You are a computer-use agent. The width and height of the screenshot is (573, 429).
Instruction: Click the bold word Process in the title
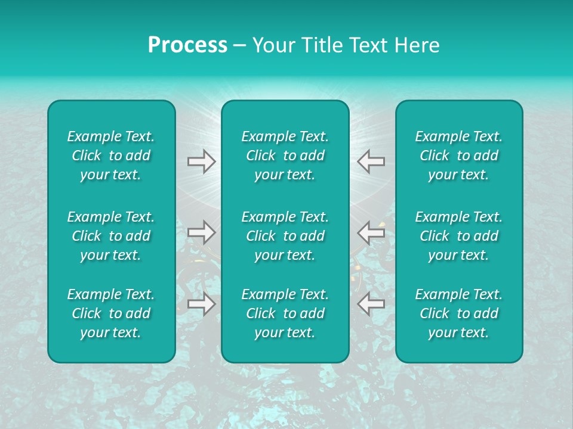pyautogui.click(x=187, y=45)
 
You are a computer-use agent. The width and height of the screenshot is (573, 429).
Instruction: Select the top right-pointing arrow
pyautogui.click(x=201, y=161)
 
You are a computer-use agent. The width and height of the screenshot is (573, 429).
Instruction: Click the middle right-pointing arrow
pyautogui.click(x=201, y=232)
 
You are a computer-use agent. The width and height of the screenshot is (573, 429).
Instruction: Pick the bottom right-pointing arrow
pyautogui.click(x=201, y=304)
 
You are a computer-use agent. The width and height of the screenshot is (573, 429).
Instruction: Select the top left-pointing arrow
pyautogui.click(x=371, y=161)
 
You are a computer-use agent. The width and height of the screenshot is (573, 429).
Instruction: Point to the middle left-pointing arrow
pyautogui.click(x=371, y=232)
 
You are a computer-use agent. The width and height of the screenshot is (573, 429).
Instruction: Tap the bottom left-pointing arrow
pyautogui.click(x=371, y=304)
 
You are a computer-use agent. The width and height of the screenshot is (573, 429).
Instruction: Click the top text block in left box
pyautogui.click(x=111, y=156)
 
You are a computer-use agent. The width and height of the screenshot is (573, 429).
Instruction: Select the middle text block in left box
pyautogui.click(x=111, y=236)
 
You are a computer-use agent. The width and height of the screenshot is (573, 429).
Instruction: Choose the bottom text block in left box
pyautogui.click(x=111, y=313)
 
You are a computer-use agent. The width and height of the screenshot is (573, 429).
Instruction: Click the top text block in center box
pyautogui.click(x=285, y=156)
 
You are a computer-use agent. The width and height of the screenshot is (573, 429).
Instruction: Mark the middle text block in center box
pyautogui.click(x=285, y=236)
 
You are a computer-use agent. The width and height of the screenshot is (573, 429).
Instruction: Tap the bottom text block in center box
pyautogui.click(x=285, y=313)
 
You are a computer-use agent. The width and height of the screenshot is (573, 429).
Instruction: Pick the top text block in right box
pyautogui.click(x=458, y=156)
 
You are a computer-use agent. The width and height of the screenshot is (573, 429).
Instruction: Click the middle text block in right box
pyautogui.click(x=458, y=236)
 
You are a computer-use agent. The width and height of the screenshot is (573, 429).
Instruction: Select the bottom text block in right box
pyautogui.click(x=458, y=313)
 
